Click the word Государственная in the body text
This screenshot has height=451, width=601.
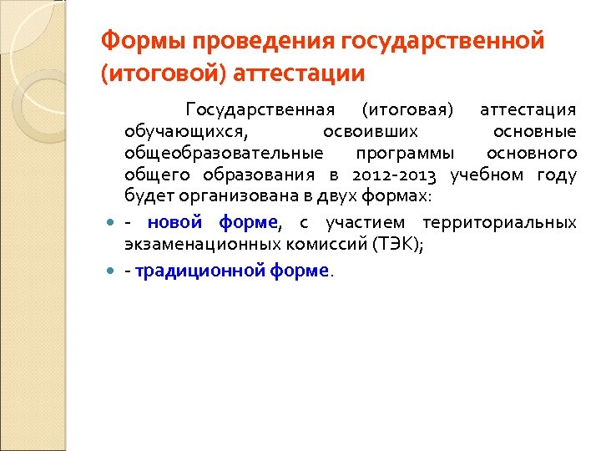click(x=260, y=110)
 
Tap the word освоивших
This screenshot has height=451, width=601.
click(x=371, y=132)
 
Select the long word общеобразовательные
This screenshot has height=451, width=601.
click(x=223, y=154)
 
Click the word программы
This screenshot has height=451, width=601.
click(x=405, y=154)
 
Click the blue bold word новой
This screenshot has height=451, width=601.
click(x=174, y=223)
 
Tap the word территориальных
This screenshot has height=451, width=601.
click(x=499, y=223)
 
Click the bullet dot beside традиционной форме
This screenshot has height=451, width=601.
click(x=111, y=271)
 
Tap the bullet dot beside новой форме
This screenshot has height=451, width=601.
click(x=111, y=223)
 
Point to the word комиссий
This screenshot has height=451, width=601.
click(x=326, y=245)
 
